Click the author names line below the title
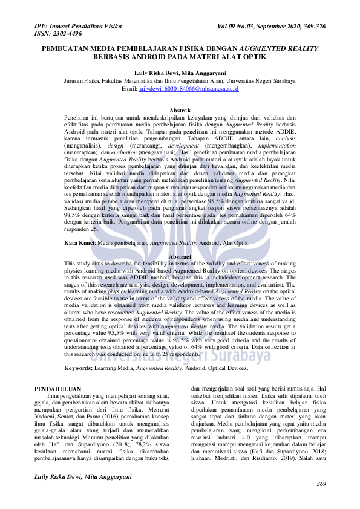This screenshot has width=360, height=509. click(180, 72)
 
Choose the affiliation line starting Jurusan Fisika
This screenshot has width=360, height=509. click(180, 80)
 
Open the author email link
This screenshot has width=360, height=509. click(189, 88)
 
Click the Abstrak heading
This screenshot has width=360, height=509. click(180, 110)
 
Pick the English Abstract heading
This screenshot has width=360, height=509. click(180, 257)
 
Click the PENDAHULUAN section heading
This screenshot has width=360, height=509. click(58, 389)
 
